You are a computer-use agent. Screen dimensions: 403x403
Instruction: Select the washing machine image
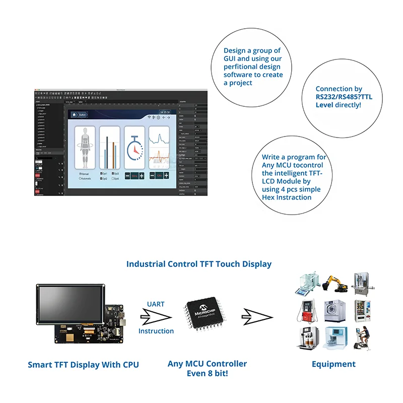pos(334,311)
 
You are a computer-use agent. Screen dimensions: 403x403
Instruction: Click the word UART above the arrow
pos(156,304)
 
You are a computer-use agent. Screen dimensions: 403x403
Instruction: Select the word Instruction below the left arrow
pos(156,331)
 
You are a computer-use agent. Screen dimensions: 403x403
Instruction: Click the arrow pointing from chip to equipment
pos(256,317)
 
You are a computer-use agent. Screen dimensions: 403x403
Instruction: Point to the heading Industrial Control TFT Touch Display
pos(199,264)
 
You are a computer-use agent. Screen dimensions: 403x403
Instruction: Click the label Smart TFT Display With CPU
pos(83,365)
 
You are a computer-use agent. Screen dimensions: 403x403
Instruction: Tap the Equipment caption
pos(333,364)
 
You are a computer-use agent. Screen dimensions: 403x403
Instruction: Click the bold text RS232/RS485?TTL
pos(344,97)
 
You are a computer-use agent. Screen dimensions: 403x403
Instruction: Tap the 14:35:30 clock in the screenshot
pos(165,112)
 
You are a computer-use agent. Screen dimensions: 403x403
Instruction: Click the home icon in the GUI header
pos(74,114)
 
